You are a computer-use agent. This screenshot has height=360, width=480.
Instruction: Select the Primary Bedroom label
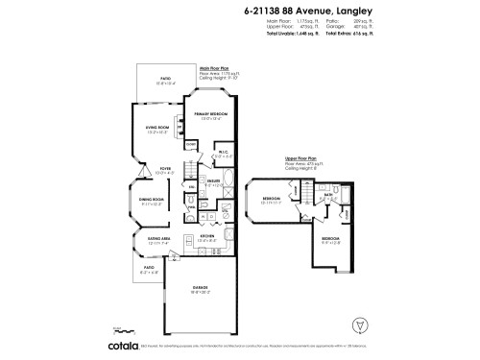(x=215, y=115)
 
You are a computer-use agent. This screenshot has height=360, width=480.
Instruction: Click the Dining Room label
(x=152, y=199)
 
